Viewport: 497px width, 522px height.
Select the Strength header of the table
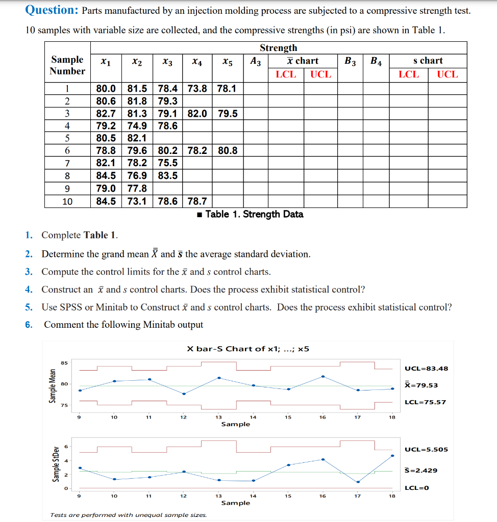[278, 48]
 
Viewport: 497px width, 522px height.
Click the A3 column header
[256, 61]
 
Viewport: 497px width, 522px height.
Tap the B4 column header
[376, 61]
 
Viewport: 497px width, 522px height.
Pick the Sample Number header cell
[67, 65]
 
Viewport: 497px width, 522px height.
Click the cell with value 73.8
[197, 88]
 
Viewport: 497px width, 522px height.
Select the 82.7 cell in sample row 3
[106, 113]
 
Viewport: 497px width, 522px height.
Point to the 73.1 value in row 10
[137, 201]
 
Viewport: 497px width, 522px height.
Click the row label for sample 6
[67, 151]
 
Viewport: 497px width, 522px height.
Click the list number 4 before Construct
[29, 290]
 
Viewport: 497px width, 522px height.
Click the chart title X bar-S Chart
[248, 349]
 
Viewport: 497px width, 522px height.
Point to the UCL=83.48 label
[426, 369]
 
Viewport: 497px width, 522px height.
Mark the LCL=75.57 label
[425, 402]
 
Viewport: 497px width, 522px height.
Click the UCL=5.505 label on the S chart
[426, 449]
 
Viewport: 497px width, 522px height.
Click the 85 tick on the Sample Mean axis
[64, 363]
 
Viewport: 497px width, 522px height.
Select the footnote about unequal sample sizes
[129, 515]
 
